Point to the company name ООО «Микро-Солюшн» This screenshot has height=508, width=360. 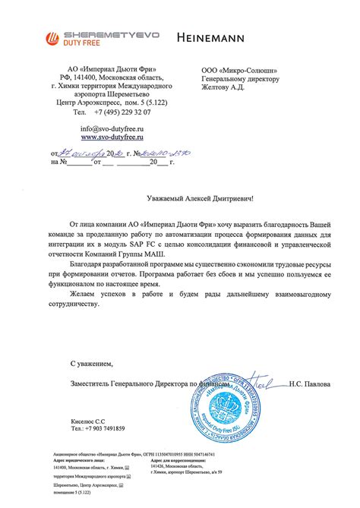pyautogui.click(x=237, y=68)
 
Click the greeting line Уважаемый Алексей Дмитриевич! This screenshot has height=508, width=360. pyautogui.click(x=201, y=198)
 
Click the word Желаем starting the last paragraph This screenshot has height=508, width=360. pyautogui.click(x=86, y=292)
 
